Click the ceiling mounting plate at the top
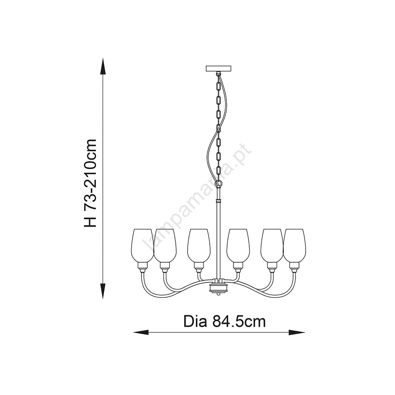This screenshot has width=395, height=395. [x=219, y=68]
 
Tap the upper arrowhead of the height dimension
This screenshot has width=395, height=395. [x=103, y=66]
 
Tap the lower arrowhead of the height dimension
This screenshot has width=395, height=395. [x=103, y=291]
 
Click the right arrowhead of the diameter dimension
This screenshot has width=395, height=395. [x=296, y=333]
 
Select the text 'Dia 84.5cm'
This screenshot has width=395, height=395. [x=224, y=322]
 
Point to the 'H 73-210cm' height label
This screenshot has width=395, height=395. [x=90, y=182]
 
